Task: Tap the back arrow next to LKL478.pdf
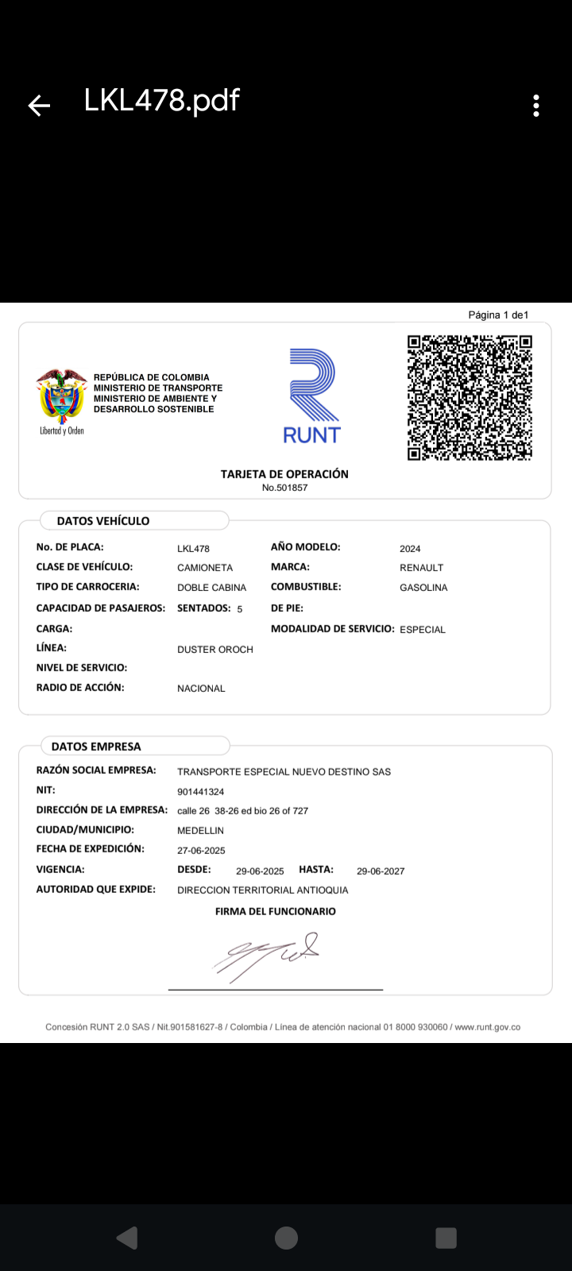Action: (x=39, y=105)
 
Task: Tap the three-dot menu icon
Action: (x=536, y=106)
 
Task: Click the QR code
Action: (x=470, y=397)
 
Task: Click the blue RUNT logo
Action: (x=312, y=396)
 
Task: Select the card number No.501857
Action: (x=284, y=488)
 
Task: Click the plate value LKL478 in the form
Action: (x=193, y=549)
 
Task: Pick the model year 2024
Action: (x=410, y=549)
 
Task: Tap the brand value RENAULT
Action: (x=421, y=568)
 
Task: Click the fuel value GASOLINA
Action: (x=423, y=588)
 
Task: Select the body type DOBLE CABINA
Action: (x=211, y=588)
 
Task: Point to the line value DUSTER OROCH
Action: (x=214, y=650)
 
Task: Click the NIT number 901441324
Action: (x=200, y=792)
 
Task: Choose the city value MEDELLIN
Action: (x=200, y=831)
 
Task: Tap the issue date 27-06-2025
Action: (x=201, y=851)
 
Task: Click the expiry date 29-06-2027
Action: (x=381, y=871)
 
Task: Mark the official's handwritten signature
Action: (x=267, y=955)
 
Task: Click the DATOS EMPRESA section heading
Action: (x=96, y=747)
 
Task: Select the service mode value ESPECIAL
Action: (x=422, y=630)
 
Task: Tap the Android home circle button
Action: (x=286, y=1238)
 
